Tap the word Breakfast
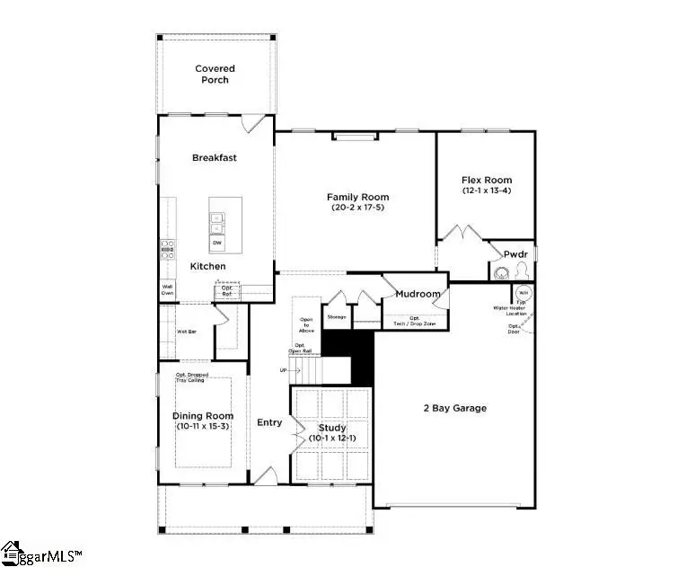pyautogui.click(x=214, y=157)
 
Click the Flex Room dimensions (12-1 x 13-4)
pyautogui.click(x=486, y=190)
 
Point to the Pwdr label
pyautogui.click(x=515, y=254)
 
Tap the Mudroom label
pyautogui.click(x=418, y=294)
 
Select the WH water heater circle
pyautogui.click(x=523, y=293)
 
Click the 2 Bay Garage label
pyautogui.click(x=454, y=408)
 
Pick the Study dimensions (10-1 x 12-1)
pyautogui.click(x=332, y=438)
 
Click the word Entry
pyautogui.click(x=269, y=422)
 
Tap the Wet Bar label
pyautogui.click(x=187, y=331)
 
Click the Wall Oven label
pyautogui.click(x=167, y=289)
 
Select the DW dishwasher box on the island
pyautogui.click(x=217, y=243)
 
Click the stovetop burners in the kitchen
pyautogui.click(x=167, y=249)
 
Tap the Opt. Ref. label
pyautogui.click(x=227, y=290)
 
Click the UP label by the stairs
pyautogui.click(x=285, y=370)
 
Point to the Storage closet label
pyautogui.click(x=336, y=316)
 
